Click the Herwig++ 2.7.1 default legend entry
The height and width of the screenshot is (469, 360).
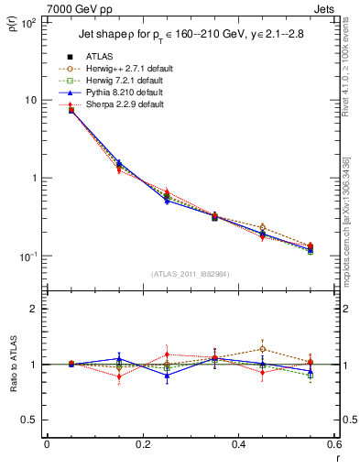click(x=119, y=69)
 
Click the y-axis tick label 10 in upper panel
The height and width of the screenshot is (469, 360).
click(x=29, y=100)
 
